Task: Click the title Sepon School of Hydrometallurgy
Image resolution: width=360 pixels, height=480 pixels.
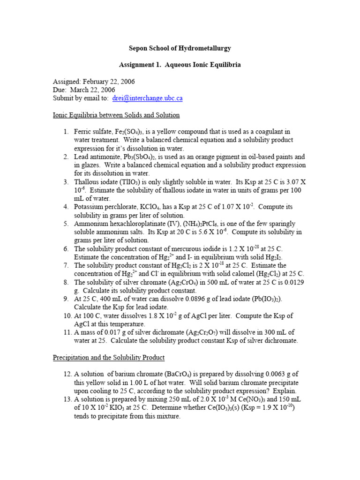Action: (x=180, y=48)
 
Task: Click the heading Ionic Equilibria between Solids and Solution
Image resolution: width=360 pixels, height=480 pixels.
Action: (x=116, y=115)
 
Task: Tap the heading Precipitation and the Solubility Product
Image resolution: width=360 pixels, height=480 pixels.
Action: (x=109, y=358)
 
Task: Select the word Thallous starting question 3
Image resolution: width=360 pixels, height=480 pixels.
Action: (x=88, y=182)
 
